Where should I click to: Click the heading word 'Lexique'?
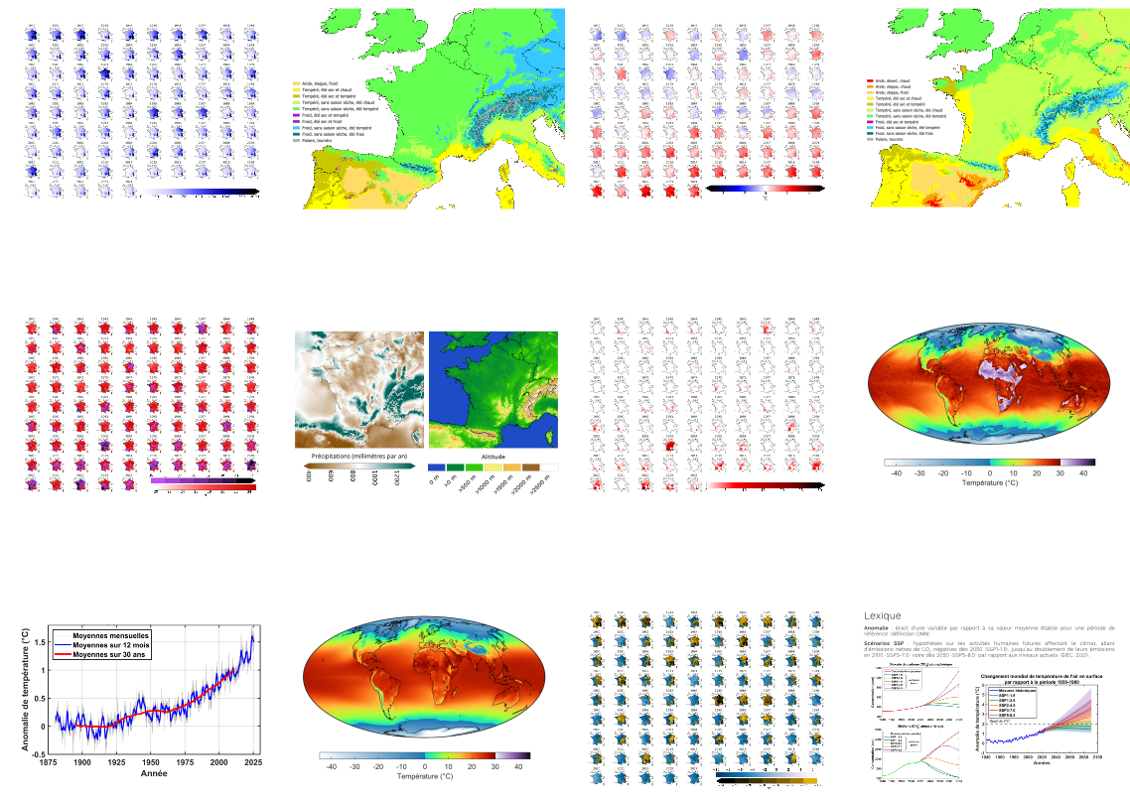[883, 615]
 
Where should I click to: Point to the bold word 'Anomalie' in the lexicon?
[880, 627]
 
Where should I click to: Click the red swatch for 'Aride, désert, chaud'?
[871, 80]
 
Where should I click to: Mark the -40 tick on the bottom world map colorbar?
[333, 766]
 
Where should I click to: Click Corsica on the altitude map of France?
[544, 427]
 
